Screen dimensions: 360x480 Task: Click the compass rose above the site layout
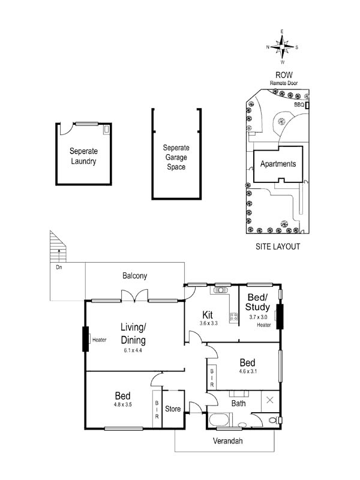click(x=282, y=47)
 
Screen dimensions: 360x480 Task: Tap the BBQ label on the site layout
click(x=299, y=104)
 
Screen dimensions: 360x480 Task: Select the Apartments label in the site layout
click(x=278, y=164)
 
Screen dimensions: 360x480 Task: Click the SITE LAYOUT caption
click(x=278, y=247)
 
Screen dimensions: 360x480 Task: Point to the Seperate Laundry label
click(x=83, y=156)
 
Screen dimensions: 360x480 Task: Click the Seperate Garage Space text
click(x=176, y=157)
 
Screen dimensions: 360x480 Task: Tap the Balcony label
click(x=134, y=276)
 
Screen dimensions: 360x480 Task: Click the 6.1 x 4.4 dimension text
click(x=133, y=350)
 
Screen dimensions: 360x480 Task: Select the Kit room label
click(x=208, y=314)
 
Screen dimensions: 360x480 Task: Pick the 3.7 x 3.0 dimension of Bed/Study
click(x=258, y=317)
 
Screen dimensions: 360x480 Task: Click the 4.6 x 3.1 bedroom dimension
click(x=248, y=371)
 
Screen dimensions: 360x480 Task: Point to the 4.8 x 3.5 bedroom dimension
click(x=122, y=404)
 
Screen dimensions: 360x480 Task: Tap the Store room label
click(x=173, y=409)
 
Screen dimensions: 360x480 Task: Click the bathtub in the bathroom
click(x=218, y=419)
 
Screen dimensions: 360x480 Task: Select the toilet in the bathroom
click(x=274, y=420)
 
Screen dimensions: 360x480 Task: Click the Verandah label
click(x=228, y=441)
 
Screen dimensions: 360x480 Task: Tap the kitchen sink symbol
click(x=220, y=290)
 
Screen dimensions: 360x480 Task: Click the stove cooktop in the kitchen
click(x=233, y=317)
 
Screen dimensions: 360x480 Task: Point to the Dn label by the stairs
click(x=59, y=267)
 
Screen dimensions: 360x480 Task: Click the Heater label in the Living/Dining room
click(x=99, y=340)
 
